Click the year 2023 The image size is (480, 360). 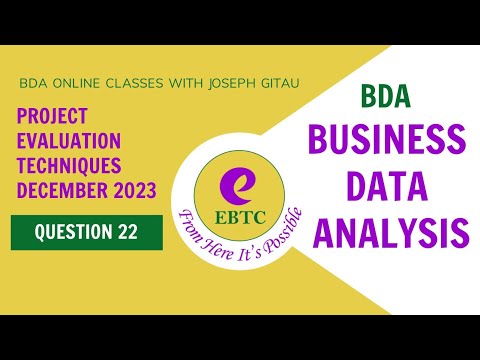point(132,190)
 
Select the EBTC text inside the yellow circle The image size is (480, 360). point(239,214)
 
